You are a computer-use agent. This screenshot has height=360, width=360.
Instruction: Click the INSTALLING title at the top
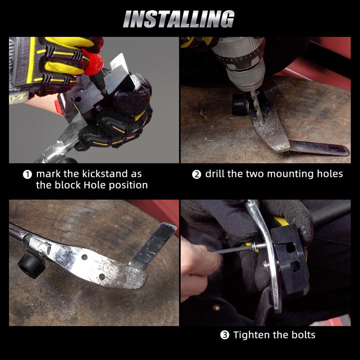click(179, 19)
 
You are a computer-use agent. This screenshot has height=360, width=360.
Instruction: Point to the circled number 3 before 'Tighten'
click(225, 335)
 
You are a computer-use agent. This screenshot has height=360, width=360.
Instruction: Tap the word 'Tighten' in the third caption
click(252, 335)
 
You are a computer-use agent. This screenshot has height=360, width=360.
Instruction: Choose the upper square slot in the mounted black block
click(290, 248)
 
